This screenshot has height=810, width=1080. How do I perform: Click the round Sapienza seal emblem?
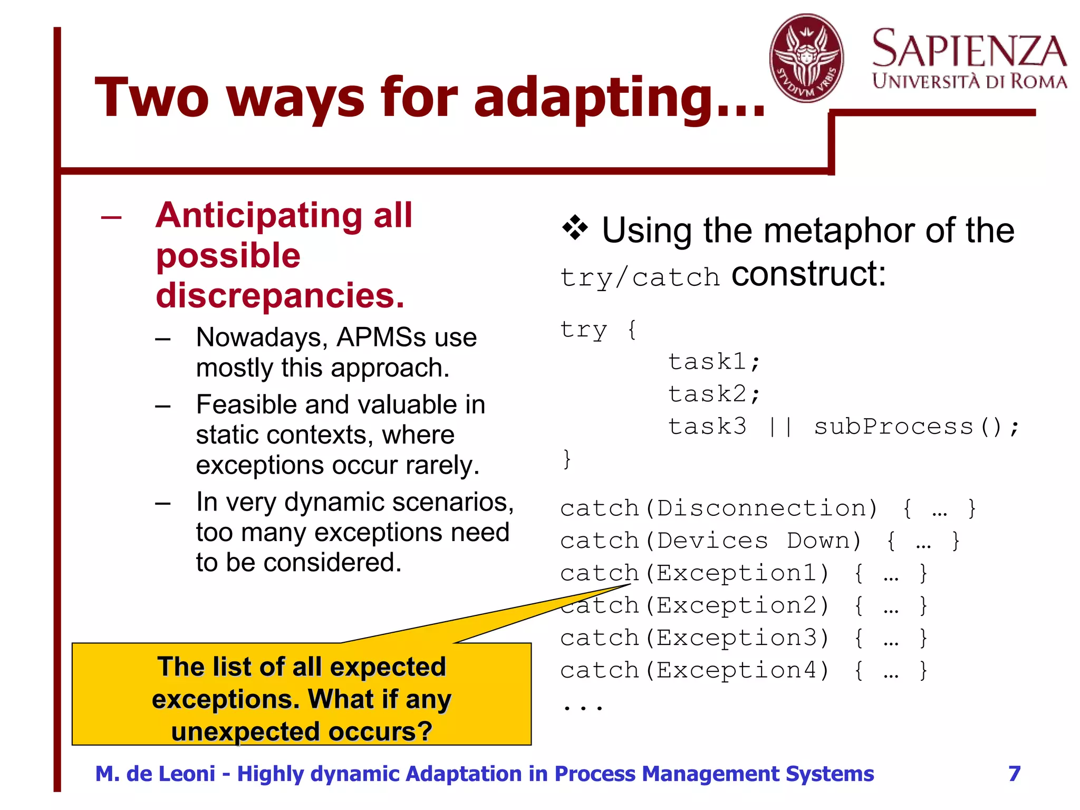point(806,58)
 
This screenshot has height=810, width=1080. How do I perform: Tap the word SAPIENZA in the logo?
point(969,49)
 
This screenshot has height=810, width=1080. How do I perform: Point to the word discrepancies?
point(280,295)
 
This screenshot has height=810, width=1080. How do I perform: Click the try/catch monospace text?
point(640,277)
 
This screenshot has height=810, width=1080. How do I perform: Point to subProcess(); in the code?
point(917,427)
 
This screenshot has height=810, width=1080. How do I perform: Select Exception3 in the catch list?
point(737,638)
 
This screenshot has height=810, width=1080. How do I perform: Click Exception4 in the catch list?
point(737,671)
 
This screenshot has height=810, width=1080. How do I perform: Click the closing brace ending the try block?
point(567,459)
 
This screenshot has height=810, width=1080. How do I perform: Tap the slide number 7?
point(1014,774)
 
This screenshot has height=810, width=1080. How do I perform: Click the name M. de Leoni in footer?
point(155,774)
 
